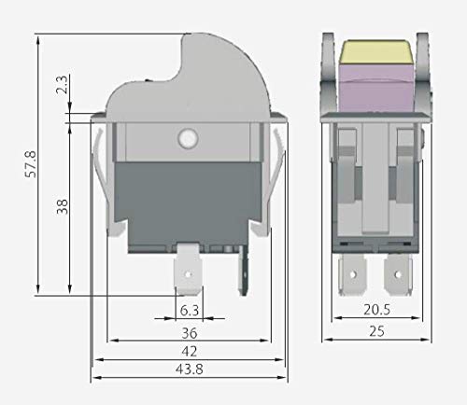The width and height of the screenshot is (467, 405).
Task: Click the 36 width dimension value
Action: click(188, 331)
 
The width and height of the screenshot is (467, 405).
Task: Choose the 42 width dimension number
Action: click(188, 352)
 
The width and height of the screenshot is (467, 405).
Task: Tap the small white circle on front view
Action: click(187, 140)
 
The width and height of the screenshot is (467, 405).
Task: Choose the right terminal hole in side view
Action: click(403, 275)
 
